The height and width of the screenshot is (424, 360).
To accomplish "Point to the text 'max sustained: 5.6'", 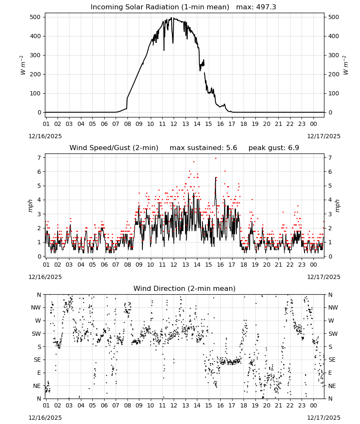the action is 203,148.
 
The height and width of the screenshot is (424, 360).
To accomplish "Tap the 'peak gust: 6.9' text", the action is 274,148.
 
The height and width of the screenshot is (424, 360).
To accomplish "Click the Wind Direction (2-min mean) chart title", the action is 185,288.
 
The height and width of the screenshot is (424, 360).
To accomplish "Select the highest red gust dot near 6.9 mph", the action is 216,159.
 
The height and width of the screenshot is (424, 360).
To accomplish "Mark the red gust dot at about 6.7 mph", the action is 194,162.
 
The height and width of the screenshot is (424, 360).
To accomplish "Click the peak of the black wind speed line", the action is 216,177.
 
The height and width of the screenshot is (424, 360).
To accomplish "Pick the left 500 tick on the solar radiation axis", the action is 36,17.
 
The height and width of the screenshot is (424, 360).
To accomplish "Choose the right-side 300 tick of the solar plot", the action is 333,55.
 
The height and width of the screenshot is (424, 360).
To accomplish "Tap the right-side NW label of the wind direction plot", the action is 333,308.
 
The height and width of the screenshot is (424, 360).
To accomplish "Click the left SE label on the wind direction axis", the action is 37,360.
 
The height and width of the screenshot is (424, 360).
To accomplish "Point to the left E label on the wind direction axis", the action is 39,373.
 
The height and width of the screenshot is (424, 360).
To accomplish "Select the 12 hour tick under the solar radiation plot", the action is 174,124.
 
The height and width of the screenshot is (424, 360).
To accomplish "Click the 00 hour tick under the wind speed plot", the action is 313,265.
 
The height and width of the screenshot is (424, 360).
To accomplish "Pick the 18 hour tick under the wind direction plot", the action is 244,405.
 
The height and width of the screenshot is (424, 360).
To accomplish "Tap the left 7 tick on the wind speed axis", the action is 39,158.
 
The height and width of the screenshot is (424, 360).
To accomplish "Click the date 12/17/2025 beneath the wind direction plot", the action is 324,418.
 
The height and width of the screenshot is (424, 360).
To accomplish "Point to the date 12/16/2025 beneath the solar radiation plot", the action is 45,136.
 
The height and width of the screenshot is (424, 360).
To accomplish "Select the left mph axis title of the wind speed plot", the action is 30,206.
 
